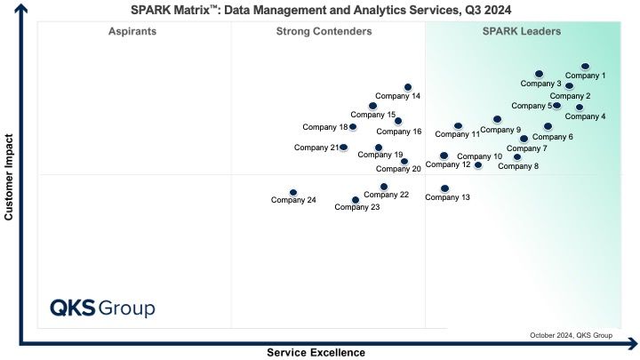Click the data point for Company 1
[585, 66]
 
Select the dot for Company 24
[293, 192]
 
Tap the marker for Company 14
[408, 87]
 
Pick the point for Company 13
[445, 188]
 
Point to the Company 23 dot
[356, 200]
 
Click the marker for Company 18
[353, 126]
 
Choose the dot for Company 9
[497, 119]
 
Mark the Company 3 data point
[539, 74]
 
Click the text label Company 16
[399, 132]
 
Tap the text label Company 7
[526, 148]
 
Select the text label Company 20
[398, 169]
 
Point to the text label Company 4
[585, 116]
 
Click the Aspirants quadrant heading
[132, 31]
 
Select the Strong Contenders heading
[324, 31]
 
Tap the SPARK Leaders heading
[522, 31]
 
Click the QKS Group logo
[102, 308]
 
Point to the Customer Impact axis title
[9, 177]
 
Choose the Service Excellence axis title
[316, 353]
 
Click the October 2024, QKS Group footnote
[571, 335]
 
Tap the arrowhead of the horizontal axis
[634, 344]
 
